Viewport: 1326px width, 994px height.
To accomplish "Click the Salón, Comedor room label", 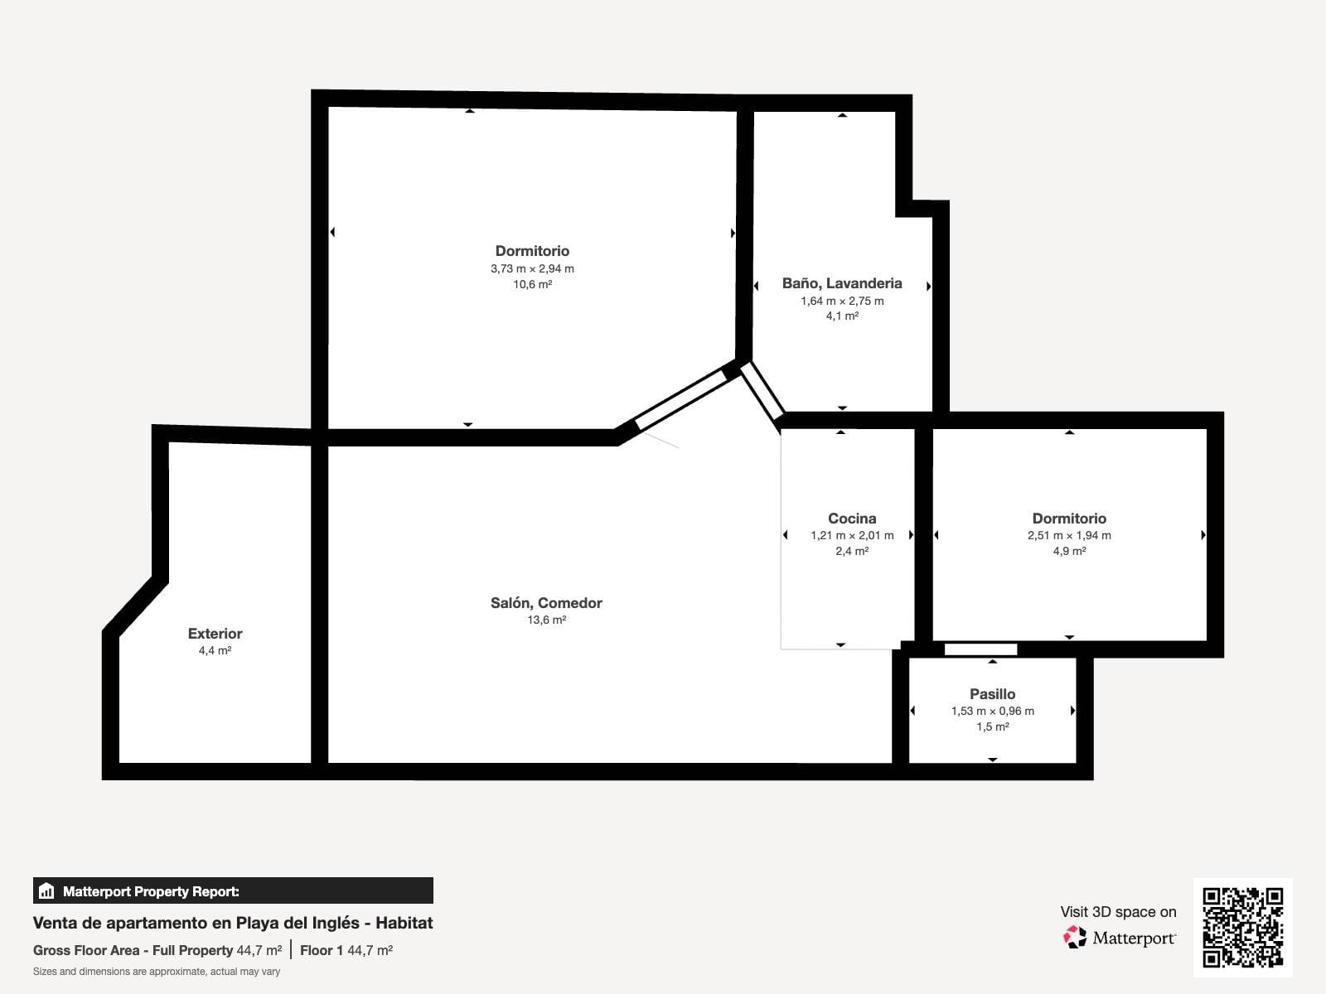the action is click(546, 603).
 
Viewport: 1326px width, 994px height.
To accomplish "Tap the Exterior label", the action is click(215, 634).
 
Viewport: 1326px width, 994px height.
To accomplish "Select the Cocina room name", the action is click(852, 519).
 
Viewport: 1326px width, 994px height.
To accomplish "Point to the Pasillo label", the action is click(993, 694).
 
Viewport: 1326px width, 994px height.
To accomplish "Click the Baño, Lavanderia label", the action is click(842, 283).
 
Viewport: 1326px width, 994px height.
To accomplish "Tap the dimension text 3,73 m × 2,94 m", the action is click(532, 268).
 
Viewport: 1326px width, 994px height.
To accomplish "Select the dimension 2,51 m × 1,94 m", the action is click(1069, 535).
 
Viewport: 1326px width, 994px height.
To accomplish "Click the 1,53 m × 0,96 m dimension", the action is click(993, 711).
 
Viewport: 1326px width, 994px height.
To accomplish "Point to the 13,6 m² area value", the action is click(547, 620).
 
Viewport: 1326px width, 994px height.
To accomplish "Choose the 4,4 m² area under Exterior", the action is click(215, 650).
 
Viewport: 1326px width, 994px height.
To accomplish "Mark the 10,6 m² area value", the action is click(532, 284).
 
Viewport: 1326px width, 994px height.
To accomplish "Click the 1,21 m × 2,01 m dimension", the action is click(852, 535).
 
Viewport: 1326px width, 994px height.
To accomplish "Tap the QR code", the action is click(1242, 928).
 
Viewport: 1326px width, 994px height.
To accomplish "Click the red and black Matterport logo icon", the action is click(1075, 938).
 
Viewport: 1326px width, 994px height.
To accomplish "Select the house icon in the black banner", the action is click(46, 890).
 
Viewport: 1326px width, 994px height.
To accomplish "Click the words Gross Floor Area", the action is click(86, 951).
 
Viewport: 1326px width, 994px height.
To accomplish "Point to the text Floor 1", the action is click(322, 951).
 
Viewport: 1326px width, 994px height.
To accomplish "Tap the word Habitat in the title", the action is click(404, 923).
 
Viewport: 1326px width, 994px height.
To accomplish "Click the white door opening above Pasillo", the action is click(980, 649).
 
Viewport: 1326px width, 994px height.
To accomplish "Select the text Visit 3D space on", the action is click(1118, 912).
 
